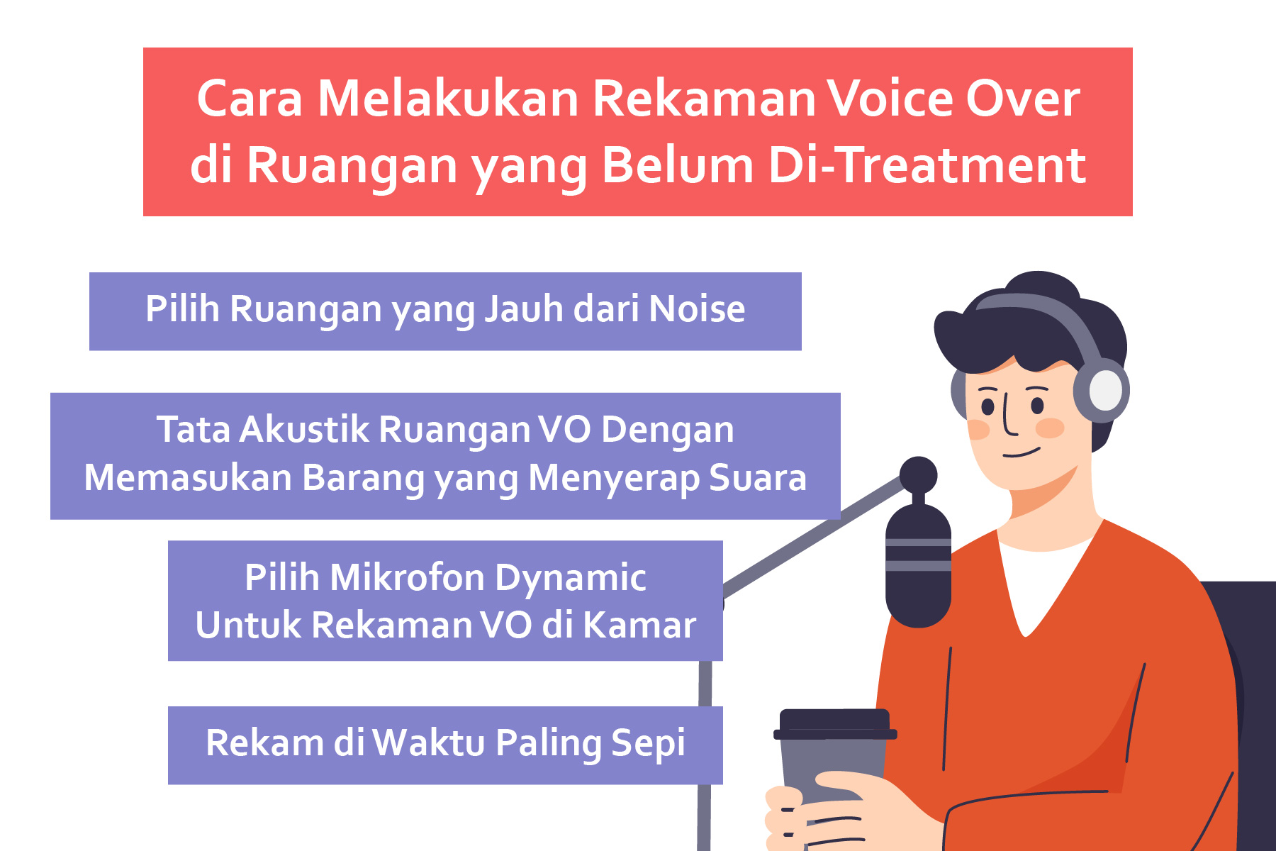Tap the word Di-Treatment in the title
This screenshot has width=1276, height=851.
(927, 165)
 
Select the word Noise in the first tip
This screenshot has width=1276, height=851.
(697, 309)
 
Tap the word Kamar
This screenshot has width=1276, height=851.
(640, 625)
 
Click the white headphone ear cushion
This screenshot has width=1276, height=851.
(1105, 390)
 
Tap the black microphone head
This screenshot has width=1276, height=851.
(918, 565)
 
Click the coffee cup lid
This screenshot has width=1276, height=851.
(835, 724)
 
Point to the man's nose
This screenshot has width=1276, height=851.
(1009, 418)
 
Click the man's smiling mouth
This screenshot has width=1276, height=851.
(1022, 452)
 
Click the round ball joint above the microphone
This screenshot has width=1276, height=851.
(918, 475)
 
